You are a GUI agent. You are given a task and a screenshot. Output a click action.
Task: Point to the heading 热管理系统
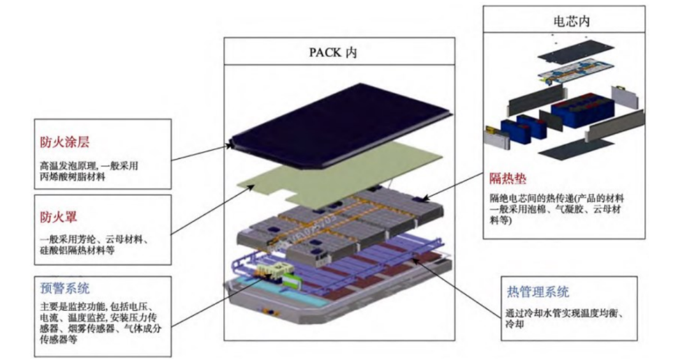click(x=537, y=292)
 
